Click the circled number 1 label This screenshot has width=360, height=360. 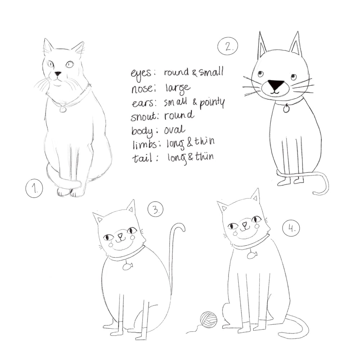point(34,188)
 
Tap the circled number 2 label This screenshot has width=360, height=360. point(228,46)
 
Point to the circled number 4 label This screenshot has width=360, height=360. point(291,228)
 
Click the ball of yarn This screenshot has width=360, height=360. point(209,319)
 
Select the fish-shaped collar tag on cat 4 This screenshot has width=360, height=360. point(252,255)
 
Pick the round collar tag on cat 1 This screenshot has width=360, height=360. point(63,109)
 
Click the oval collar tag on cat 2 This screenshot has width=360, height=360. point(287,108)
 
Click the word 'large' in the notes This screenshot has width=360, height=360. point(178,88)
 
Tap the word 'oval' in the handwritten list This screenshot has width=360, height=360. point(175,130)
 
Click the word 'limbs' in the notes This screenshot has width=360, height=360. point(144,145)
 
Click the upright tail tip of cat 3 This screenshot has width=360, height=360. point(182,227)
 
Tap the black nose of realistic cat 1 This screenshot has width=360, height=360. point(58,74)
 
